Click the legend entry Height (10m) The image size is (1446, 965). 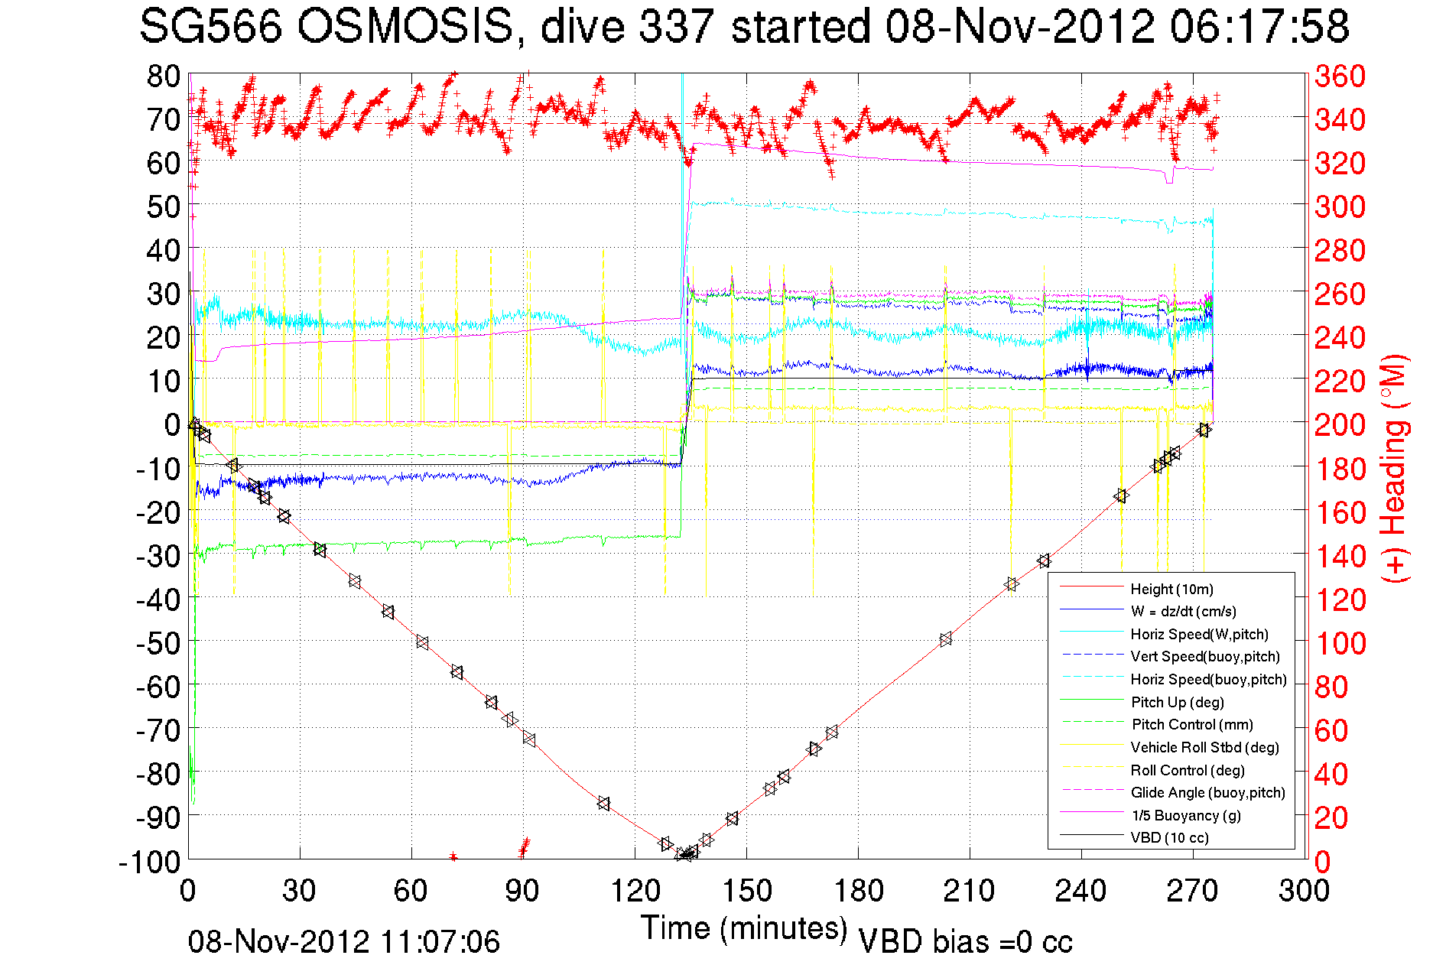[1171, 590]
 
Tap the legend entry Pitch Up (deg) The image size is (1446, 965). [1177, 702]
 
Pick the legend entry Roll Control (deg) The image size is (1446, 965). [1188, 770]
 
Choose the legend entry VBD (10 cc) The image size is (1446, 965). [1169, 838]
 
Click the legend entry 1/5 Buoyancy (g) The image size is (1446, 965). [1185, 816]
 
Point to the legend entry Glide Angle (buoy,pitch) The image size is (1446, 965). [1207, 793]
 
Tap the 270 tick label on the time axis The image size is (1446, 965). [1193, 892]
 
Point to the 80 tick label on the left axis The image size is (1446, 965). [164, 76]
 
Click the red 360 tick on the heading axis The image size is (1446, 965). [1340, 76]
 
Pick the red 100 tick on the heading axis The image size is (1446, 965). [1340, 643]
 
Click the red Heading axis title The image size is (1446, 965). [1395, 468]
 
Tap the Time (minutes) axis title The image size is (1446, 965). [743, 929]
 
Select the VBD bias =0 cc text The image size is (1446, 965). [965, 942]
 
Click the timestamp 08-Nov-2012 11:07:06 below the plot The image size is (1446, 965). [344, 942]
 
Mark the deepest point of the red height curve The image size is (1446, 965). [686, 856]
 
